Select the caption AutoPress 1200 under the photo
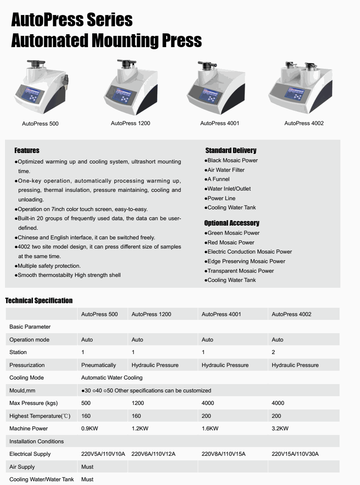pos(131,123)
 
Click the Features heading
pos(27,150)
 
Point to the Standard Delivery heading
pos(231,150)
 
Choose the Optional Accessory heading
pos(232,223)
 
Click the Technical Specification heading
pos(39,300)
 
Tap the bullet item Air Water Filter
pos(226,170)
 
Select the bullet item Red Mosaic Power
pos(231,242)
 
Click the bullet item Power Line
pos(221,198)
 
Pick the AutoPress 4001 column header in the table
pos(221,314)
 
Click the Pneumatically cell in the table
pos(98,365)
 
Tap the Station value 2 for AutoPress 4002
pos(273,352)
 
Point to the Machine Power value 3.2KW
pos(280,428)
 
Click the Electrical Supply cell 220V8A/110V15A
pos(223,454)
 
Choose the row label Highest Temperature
pos(40,416)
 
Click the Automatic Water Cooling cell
pos(112,377)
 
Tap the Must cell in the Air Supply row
pos(87,467)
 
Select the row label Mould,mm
pos(23,390)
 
